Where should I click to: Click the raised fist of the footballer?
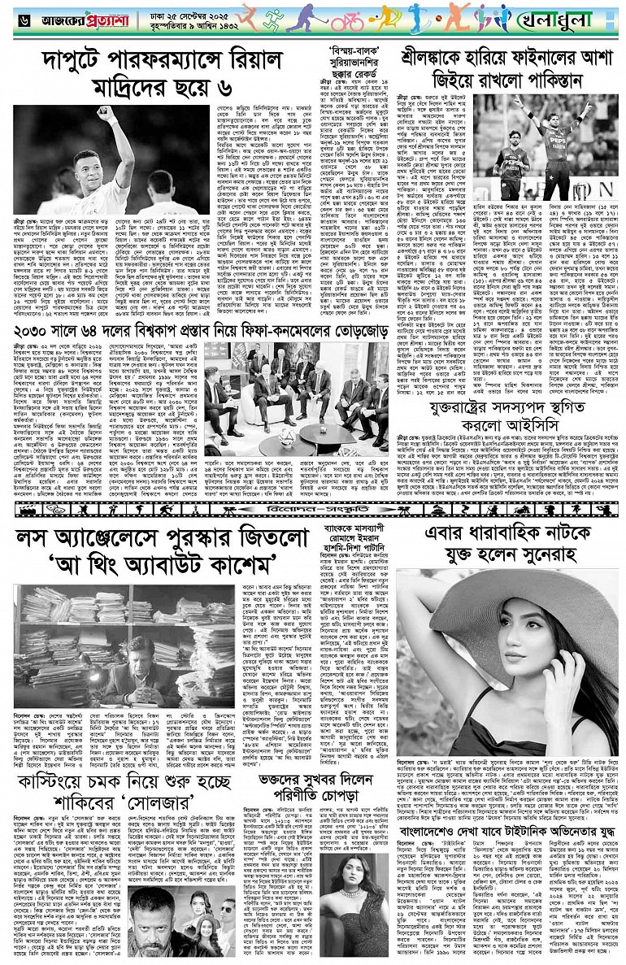pos(103,113)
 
